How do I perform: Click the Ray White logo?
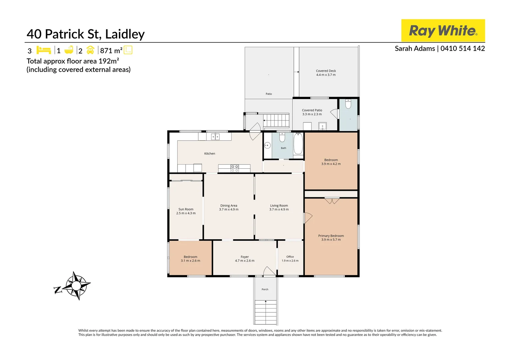(443, 30)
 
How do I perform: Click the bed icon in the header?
(44, 50)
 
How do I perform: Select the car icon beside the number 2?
(90, 50)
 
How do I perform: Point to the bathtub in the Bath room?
(298, 144)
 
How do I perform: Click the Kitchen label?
(210, 154)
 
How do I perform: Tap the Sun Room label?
(186, 209)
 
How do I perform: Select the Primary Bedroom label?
(331, 236)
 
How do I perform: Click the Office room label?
(290, 257)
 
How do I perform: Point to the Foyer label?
(245, 257)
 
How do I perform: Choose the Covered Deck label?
(326, 71)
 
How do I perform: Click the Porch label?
(265, 290)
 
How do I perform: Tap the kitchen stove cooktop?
(235, 168)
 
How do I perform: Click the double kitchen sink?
(215, 136)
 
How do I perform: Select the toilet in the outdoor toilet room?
(348, 104)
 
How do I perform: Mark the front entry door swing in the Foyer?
(269, 271)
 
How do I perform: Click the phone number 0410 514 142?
(463, 48)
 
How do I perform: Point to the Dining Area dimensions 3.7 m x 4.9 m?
(229, 209)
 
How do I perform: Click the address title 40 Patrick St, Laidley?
(85, 34)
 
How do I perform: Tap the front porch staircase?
(265, 312)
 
